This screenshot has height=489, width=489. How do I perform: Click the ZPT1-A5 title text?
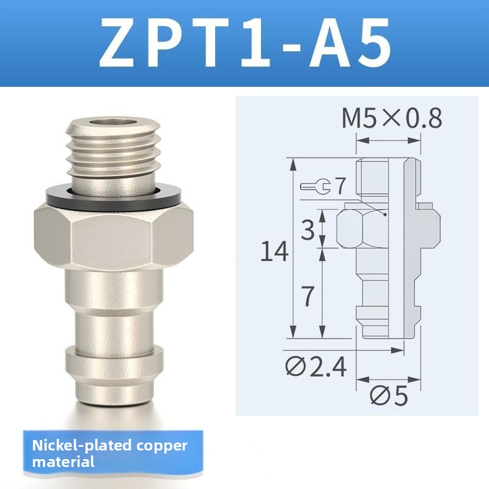tap(245, 42)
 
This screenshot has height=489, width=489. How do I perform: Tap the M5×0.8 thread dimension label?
tap(392, 118)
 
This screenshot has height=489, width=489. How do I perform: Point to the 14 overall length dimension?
tap(274, 251)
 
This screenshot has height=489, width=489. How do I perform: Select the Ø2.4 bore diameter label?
tap(315, 367)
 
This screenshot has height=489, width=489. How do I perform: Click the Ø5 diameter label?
tap(389, 395)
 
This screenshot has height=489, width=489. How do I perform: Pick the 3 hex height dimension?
tap(308, 230)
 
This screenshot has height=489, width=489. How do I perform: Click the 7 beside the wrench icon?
tap(340, 186)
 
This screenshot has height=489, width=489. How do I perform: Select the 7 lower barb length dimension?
tap(308, 296)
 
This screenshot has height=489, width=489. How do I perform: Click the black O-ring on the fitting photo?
tap(114, 197)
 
